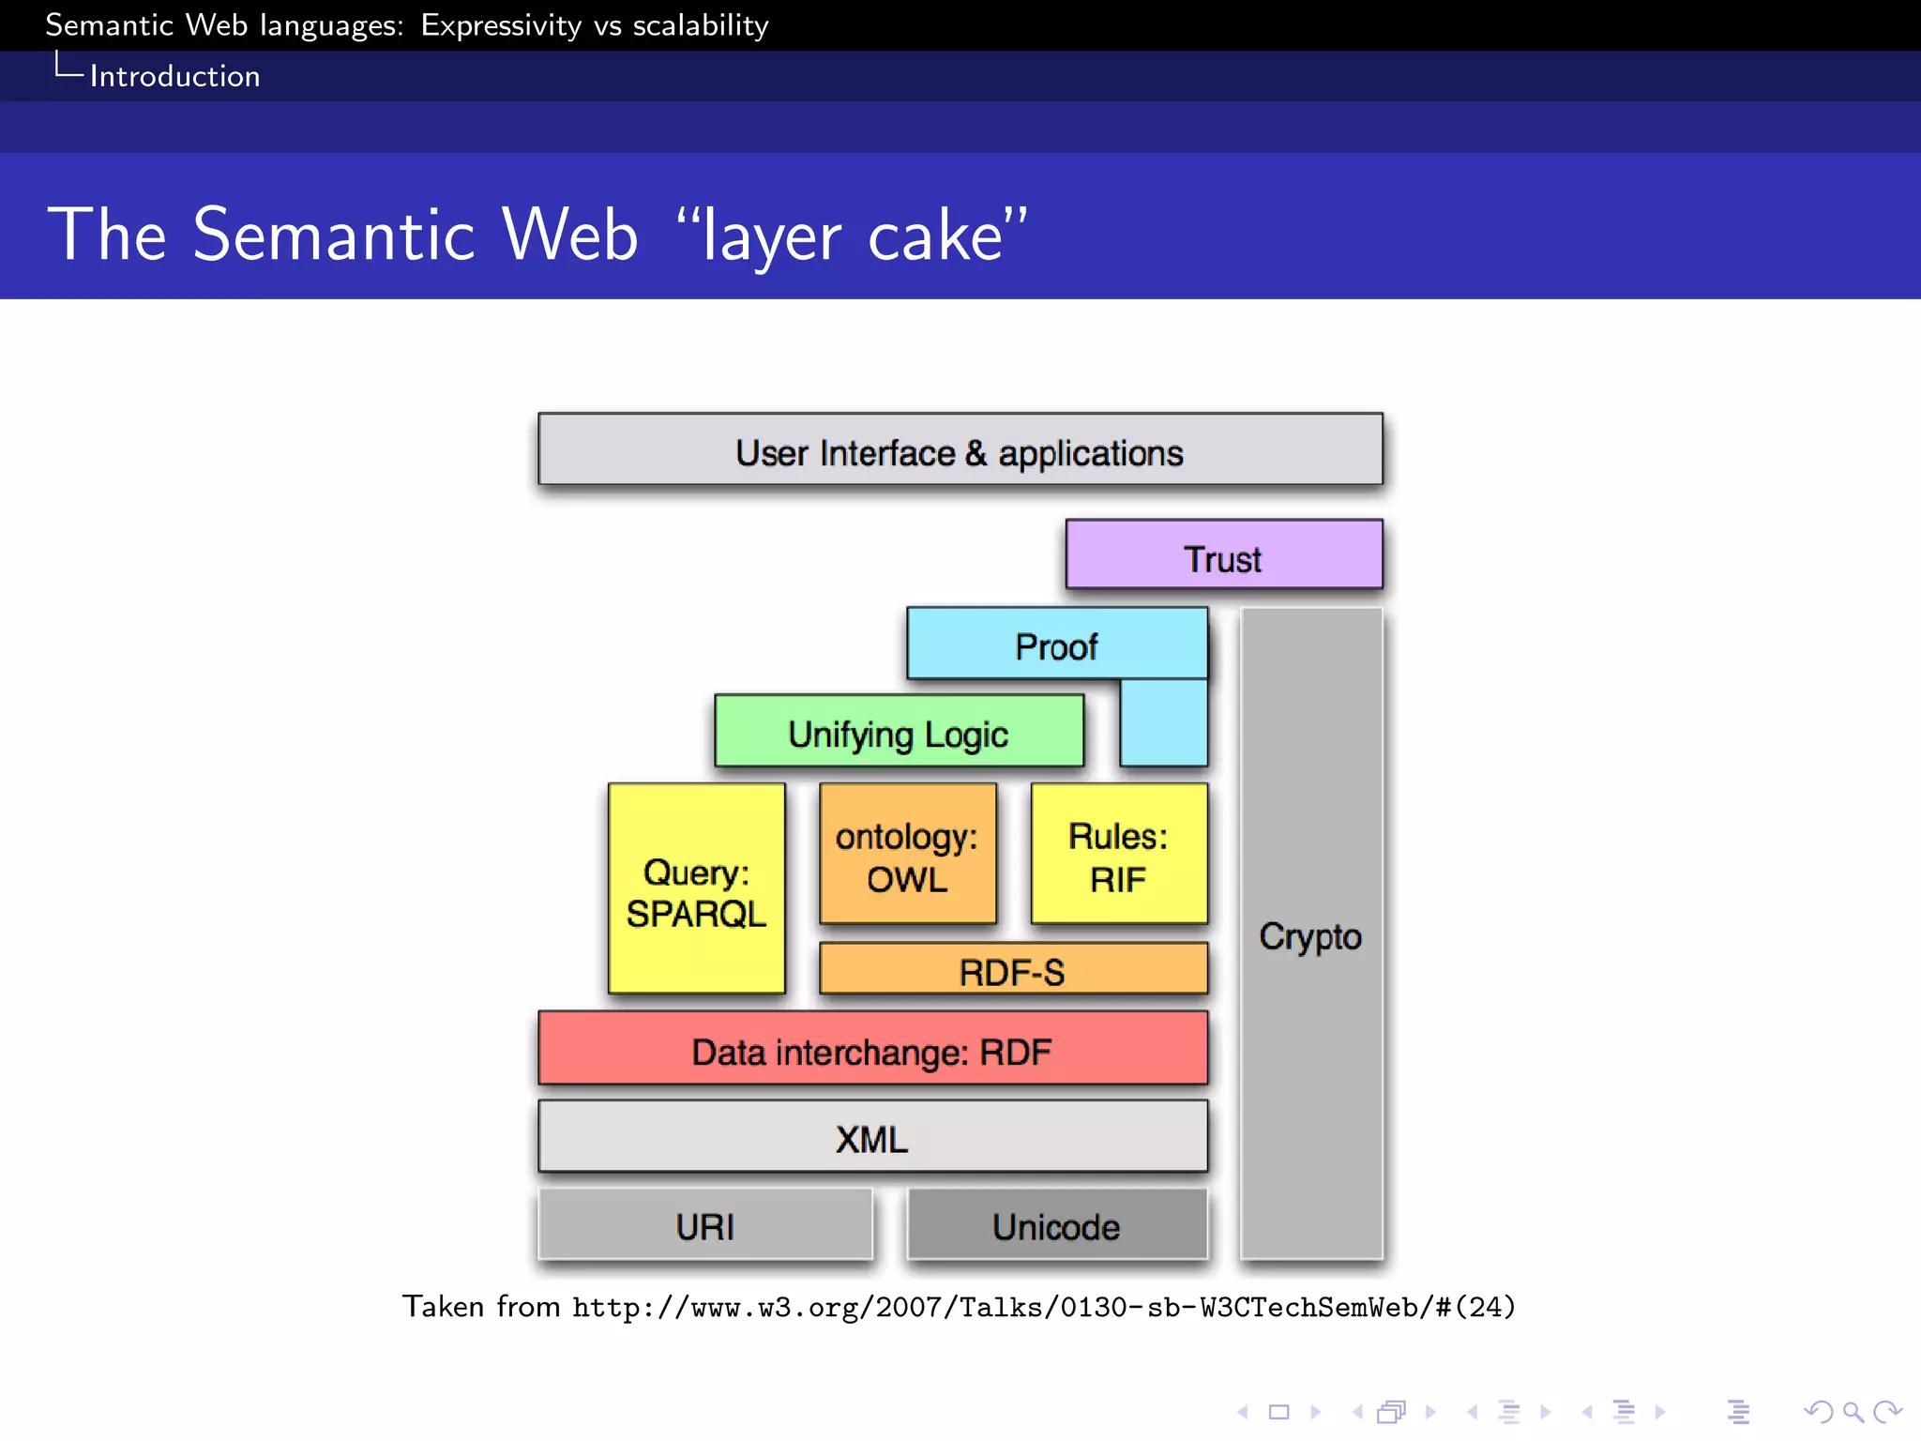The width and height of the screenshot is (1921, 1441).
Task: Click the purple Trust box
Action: [1223, 555]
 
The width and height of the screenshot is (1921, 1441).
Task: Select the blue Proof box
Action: [1056, 645]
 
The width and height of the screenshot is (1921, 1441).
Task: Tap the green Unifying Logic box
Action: [899, 733]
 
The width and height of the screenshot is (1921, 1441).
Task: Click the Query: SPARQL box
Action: [696, 889]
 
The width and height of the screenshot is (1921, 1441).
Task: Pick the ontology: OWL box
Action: [907, 855]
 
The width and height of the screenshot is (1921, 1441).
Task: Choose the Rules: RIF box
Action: [1118, 855]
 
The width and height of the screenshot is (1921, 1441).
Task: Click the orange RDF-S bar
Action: [1013, 970]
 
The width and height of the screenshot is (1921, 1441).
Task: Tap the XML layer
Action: [872, 1137]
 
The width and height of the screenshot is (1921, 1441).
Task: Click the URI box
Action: [705, 1225]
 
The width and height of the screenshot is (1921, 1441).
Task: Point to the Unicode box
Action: [1056, 1225]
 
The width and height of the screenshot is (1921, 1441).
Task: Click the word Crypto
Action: [1310, 936]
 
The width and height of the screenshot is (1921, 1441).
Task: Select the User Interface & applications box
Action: [960, 451]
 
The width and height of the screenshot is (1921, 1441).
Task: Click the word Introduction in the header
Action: [174, 76]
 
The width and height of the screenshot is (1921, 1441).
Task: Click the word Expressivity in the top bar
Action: [501, 25]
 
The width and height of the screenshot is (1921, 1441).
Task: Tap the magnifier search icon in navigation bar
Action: [1852, 1411]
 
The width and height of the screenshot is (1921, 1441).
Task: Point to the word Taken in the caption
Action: [443, 1306]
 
